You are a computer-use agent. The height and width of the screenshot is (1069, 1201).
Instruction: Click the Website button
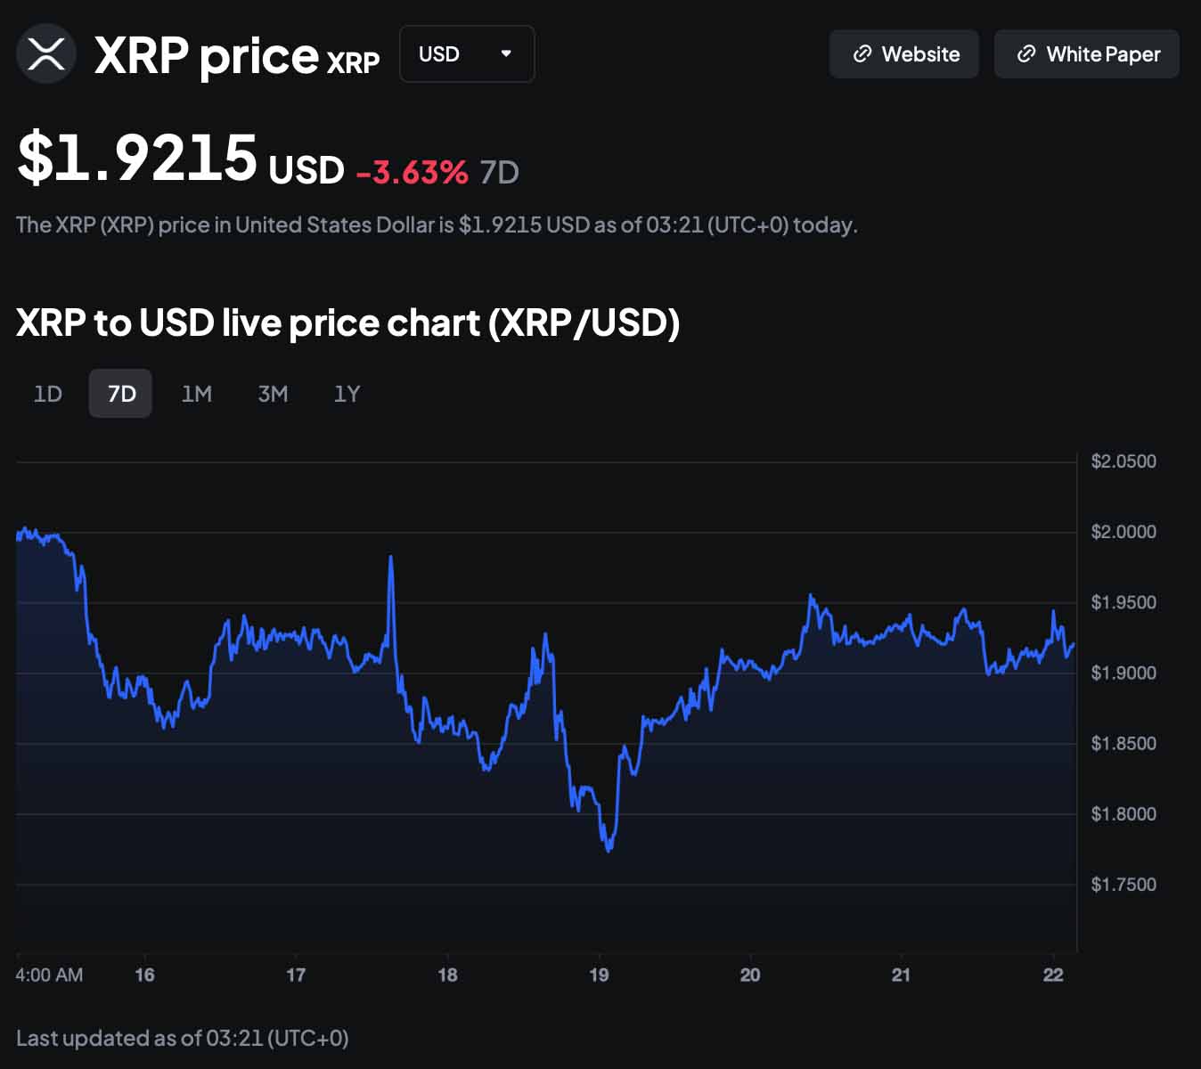(904, 54)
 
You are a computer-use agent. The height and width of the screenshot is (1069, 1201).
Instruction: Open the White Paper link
(1087, 54)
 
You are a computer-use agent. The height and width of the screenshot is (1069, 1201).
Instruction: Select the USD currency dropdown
(466, 54)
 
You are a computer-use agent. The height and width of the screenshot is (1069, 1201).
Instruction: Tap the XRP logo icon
(46, 54)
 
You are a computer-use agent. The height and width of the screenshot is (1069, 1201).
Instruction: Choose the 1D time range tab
(48, 394)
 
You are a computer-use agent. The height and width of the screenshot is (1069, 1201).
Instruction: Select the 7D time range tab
(121, 394)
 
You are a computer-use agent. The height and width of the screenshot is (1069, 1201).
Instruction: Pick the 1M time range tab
(197, 394)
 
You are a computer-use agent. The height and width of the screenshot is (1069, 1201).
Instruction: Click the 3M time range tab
(273, 394)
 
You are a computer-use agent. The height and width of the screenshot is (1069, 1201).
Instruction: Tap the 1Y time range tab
(347, 394)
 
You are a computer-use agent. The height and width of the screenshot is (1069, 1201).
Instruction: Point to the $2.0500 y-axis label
(1123, 461)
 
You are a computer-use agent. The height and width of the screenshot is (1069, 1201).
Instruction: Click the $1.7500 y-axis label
(1123, 885)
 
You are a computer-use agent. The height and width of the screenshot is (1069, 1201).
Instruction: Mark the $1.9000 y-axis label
(1123, 673)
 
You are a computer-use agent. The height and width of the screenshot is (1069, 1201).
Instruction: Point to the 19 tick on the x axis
(599, 975)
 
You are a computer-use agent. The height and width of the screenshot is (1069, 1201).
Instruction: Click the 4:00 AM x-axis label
(49, 975)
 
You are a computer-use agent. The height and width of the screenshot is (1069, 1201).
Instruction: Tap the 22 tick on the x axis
(1053, 975)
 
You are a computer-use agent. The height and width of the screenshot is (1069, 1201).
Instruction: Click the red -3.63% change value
(412, 172)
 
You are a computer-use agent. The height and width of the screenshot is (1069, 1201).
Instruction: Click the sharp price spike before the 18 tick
(390, 559)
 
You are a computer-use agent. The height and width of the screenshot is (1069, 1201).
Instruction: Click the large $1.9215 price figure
(138, 158)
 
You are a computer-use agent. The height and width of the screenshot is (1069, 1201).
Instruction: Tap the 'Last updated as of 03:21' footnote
(183, 1038)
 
